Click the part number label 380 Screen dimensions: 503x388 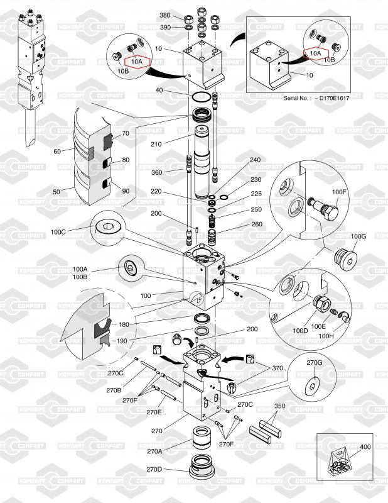pos(164,15)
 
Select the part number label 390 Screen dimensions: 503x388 pos(164,28)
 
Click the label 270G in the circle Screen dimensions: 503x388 pos(315,363)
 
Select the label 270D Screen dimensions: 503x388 pos(154,470)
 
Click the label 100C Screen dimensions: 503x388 pos(58,231)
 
